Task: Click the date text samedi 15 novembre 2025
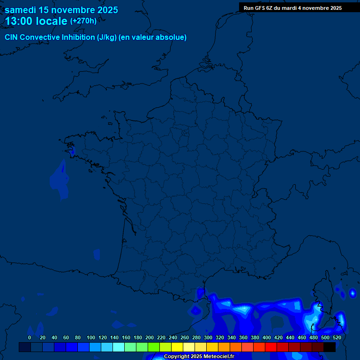tap(61, 10)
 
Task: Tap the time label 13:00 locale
tap(36, 21)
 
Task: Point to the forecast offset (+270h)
tap(83, 21)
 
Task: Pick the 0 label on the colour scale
tap(30, 337)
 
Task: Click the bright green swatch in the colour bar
tap(154, 347)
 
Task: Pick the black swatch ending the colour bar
tap(330, 347)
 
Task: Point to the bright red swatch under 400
tap(271, 347)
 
